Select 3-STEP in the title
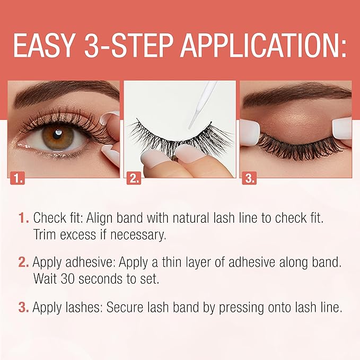point(128,46)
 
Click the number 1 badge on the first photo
point(17,178)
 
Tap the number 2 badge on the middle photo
point(134,178)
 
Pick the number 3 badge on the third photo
point(249,178)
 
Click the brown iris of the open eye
point(58,137)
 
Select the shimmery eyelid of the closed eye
point(296,122)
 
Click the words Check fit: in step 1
point(58,217)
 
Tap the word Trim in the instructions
point(45,234)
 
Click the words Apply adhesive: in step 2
point(74,262)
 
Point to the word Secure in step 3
point(125,307)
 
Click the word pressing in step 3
point(241,308)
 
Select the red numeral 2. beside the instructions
point(23,262)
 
